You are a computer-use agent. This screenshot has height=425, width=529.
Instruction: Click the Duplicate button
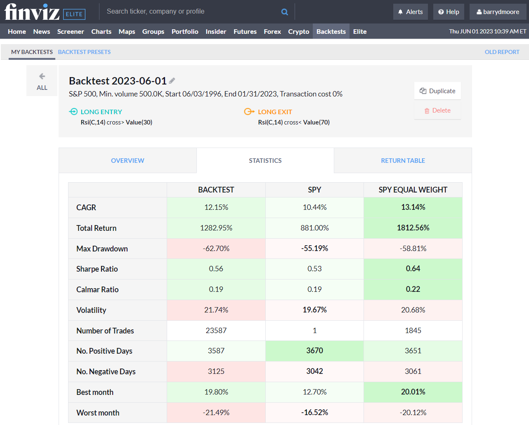pyautogui.click(x=437, y=91)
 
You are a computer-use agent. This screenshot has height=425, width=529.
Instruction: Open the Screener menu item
pyautogui.click(x=71, y=32)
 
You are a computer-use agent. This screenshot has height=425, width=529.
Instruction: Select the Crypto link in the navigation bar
pyautogui.click(x=298, y=32)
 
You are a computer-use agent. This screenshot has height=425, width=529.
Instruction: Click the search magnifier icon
pyautogui.click(x=285, y=12)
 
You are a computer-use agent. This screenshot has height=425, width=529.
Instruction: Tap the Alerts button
pyautogui.click(x=410, y=12)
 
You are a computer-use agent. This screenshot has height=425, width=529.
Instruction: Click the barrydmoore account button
pyautogui.click(x=498, y=12)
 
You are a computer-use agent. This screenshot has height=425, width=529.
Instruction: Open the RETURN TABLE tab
pyautogui.click(x=403, y=161)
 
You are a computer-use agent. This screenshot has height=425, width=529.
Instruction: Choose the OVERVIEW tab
pyautogui.click(x=128, y=161)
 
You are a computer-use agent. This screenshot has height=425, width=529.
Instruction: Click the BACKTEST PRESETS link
pyautogui.click(x=84, y=52)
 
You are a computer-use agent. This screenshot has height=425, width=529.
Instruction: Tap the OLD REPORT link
pyautogui.click(x=502, y=52)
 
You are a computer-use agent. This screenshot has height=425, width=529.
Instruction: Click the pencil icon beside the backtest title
pyautogui.click(x=172, y=81)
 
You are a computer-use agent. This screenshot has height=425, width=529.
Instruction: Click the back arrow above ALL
pyautogui.click(x=42, y=76)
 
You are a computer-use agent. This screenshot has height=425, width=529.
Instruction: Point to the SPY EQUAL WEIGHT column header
pyautogui.click(x=413, y=190)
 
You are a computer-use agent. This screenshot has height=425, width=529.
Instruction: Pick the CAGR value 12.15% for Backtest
pyautogui.click(x=216, y=207)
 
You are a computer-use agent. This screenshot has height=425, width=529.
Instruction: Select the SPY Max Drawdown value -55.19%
pyautogui.click(x=314, y=249)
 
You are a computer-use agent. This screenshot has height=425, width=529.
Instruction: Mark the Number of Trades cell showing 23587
pyautogui.click(x=216, y=331)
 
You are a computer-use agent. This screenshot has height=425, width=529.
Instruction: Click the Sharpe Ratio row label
pyautogui.click(x=97, y=269)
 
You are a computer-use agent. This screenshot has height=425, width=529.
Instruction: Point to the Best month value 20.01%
pyautogui.click(x=413, y=392)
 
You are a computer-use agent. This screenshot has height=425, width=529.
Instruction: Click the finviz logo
pyautogui.click(x=32, y=12)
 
